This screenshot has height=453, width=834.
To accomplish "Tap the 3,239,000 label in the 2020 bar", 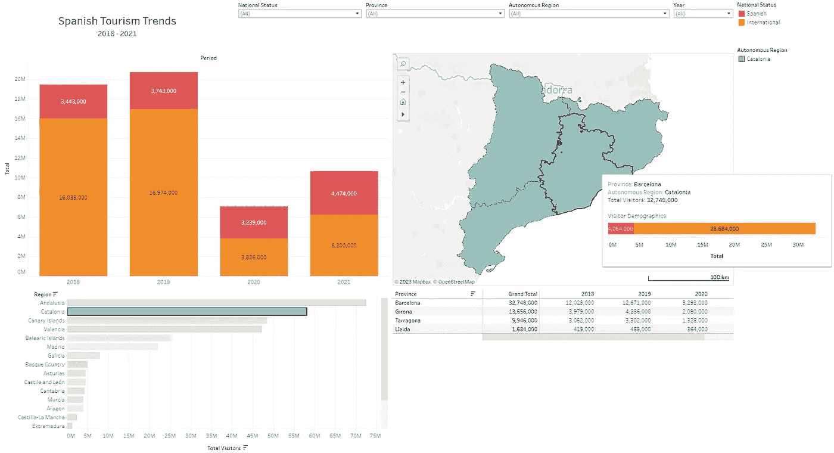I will [254, 222].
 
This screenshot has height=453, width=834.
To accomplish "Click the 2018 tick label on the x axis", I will [73, 282].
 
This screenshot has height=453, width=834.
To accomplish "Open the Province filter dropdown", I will [435, 14].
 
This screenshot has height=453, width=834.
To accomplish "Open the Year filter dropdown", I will [703, 14].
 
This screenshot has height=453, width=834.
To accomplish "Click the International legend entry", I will [763, 23].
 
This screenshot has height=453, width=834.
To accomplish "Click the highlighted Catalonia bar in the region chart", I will [187, 312].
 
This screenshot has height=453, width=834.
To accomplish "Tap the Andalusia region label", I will [52, 303].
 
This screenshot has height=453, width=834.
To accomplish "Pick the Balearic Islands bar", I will [119, 338].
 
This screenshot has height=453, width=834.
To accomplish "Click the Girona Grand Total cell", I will [522, 312].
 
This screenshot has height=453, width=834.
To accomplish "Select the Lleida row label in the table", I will [403, 329].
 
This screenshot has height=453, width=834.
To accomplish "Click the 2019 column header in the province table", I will [644, 294].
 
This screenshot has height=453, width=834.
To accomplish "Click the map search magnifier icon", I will [403, 64].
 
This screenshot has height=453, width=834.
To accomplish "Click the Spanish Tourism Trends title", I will [117, 21].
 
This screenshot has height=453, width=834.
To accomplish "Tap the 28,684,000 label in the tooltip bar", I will [724, 229].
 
